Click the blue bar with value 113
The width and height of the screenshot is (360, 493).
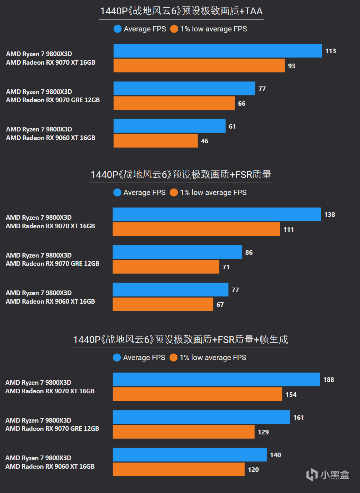pyautogui.click(x=217, y=51)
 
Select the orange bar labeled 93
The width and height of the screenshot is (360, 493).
pyautogui.click(x=199, y=66)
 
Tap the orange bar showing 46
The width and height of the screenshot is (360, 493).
pyautogui.click(x=155, y=141)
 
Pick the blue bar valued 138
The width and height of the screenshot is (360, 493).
pyautogui.click(x=216, y=214)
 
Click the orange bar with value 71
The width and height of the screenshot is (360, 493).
pyautogui.click(x=166, y=267)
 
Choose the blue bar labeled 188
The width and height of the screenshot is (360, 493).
pyautogui.click(x=216, y=379)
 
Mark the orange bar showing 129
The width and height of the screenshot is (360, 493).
pyautogui.click(x=184, y=432)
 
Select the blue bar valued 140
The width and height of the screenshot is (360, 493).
pyautogui.click(x=190, y=455)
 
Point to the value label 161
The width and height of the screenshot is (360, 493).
pyautogui.click(x=299, y=417)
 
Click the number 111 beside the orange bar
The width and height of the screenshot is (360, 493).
pyautogui.click(x=289, y=229)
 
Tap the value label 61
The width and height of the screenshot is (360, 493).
pyautogui.click(x=232, y=126)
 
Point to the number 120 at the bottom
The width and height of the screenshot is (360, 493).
pyautogui.click(x=254, y=469)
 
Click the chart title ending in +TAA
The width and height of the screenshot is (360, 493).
pyautogui.click(x=181, y=11)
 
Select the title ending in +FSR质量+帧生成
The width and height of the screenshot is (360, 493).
pyautogui.click(x=180, y=339)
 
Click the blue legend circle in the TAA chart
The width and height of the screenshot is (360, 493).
pyautogui.click(x=117, y=29)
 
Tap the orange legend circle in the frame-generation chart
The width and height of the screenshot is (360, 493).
pyautogui.click(x=174, y=358)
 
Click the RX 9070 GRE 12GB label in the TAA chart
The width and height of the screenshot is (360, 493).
pyautogui.click(x=53, y=100)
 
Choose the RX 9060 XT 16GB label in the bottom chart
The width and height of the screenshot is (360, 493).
pyautogui.click(x=50, y=466)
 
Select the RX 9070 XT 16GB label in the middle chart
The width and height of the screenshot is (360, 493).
pyautogui.click(x=50, y=226)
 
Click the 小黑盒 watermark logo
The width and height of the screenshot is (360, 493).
pyautogui.click(x=327, y=475)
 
